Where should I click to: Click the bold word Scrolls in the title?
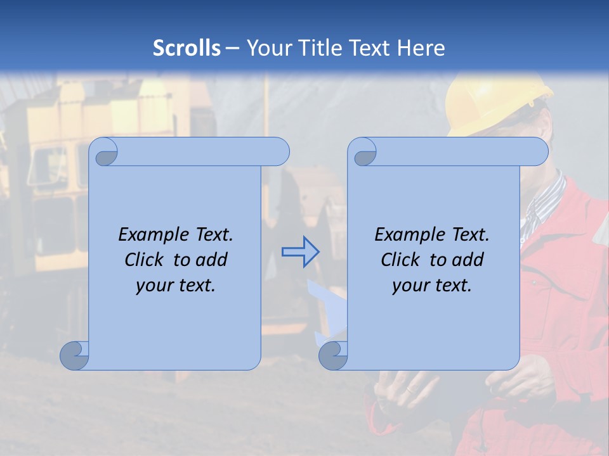pyautogui.click(x=187, y=47)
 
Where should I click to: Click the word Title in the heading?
pyautogui.click(x=322, y=47)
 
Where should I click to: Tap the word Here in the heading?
pyautogui.click(x=421, y=47)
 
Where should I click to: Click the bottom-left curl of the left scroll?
pyautogui.click(x=74, y=356)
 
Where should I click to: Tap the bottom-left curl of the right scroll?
pyautogui.click(x=332, y=356)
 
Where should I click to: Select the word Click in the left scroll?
pyautogui.click(x=139, y=260)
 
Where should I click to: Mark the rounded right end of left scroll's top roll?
pyautogui.click(x=279, y=152)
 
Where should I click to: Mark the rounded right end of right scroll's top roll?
pyautogui.click(x=538, y=152)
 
